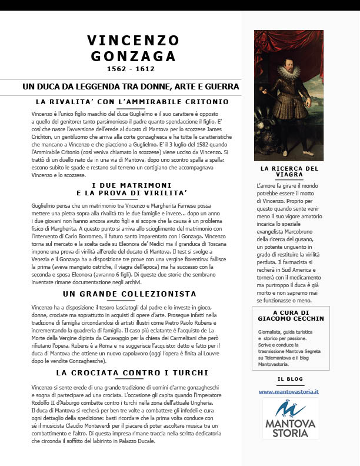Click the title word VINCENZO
(x=133, y=40)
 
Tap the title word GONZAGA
(x=133, y=56)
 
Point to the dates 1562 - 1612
(x=131, y=69)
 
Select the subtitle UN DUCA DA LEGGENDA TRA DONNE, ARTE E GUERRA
(x=131, y=86)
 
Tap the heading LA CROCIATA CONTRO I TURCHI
(x=132, y=372)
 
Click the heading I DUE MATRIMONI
(x=131, y=185)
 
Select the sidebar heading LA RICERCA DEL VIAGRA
(x=289, y=171)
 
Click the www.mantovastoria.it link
(x=289, y=391)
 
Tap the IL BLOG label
(x=289, y=378)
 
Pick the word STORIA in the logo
(x=289, y=432)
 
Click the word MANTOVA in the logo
(x=289, y=422)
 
